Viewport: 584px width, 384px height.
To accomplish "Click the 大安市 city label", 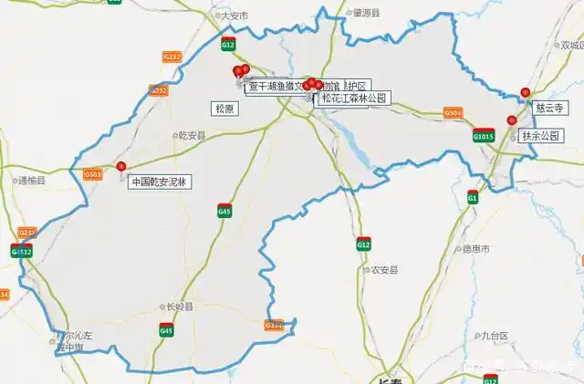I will click(x=235, y=16).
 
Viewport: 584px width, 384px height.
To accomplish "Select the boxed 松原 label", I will click(x=224, y=109).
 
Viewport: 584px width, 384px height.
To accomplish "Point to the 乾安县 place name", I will click(x=193, y=135).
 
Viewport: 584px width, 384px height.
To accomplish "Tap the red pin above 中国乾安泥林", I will click(x=121, y=167).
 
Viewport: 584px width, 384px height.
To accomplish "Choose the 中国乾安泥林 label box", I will click(x=158, y=182).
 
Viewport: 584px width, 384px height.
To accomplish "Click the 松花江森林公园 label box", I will click(x=354, y=98).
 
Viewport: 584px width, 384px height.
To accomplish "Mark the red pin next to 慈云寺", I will click(x=525, y=92).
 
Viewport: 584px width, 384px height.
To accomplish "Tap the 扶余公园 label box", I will click(x=542, y=136).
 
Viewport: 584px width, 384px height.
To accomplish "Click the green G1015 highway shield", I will click(x=484, y=136).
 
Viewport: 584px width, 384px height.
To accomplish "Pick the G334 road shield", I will click(x=274, y=325).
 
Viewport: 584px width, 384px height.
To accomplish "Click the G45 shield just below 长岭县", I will click(x=166, y=330).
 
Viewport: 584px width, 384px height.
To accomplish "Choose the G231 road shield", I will click(x=27, y=233).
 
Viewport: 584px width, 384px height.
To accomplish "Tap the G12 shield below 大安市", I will click(x=228, y=44).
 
